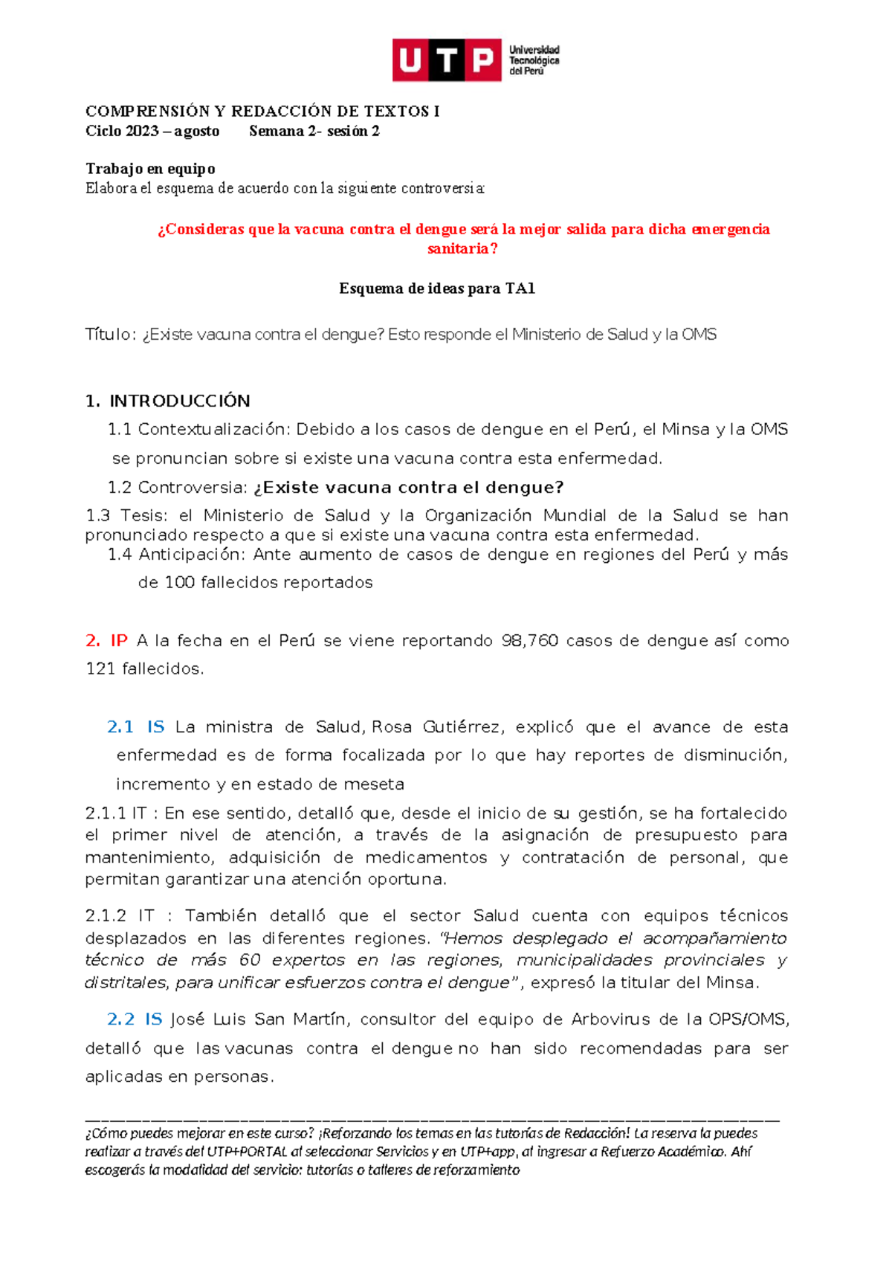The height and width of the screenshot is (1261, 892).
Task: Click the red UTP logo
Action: [447, 60]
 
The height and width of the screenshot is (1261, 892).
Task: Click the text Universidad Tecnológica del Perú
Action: [534, 60]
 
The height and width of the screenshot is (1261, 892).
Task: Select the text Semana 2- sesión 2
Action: [314, 132]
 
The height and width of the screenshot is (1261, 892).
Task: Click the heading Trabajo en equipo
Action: [150, 169]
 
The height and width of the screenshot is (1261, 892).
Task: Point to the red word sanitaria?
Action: [462, 249]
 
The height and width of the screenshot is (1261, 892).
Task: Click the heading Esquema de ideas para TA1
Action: [437, 288]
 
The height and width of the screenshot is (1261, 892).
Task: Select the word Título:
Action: [111, 335]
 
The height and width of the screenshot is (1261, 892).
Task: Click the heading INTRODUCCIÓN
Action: [179, 401]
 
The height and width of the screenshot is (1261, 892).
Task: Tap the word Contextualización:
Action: [216, 430]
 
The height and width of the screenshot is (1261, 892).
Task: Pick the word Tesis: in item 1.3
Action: [146, 516]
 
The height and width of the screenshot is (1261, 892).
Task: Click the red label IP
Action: [119, 641]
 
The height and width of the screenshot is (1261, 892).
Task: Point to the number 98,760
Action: [529, 641]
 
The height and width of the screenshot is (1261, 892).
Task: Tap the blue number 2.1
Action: [120, 727]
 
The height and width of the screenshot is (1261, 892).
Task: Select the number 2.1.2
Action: [106, 916]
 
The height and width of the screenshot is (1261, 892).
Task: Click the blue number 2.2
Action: [120, 1019]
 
